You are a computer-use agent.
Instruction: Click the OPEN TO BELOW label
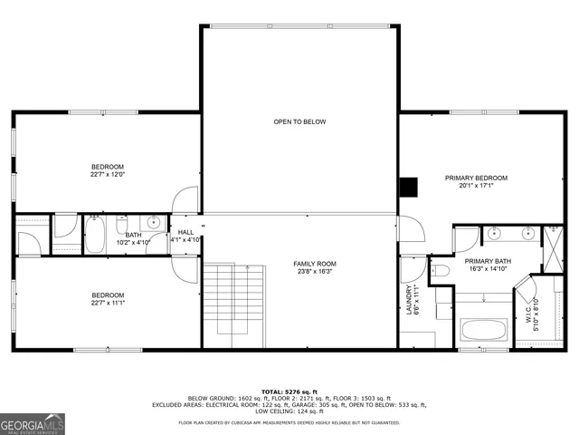pos(299,121)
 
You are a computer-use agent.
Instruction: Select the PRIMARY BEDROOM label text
pos(476,178)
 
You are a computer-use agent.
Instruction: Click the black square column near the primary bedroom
pos(410,186)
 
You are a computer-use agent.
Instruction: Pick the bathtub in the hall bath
pos(95,237)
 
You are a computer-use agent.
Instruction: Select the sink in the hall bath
pos(154,222)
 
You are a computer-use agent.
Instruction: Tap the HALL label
pos(185,232)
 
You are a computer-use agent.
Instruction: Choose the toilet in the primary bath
pos(441,271)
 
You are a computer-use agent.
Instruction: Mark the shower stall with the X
pos(552,239)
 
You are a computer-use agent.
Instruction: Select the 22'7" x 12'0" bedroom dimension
pos(107,176)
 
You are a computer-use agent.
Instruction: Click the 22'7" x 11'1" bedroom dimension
pos(107,304)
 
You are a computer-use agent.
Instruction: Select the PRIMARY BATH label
pos(488,262)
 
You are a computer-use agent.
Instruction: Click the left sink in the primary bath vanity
pos(494,233)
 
